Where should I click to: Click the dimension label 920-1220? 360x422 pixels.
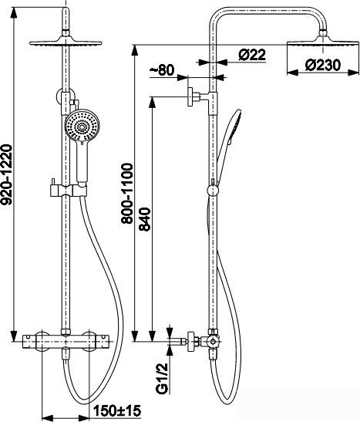point(6,174)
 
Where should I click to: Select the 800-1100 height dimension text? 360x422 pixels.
point(126,193)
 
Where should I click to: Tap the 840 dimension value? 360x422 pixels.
point(145,219)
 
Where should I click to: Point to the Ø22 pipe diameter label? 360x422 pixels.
point(252,55)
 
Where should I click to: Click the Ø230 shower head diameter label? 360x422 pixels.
point(323,65)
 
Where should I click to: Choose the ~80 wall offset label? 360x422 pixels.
point(162,70)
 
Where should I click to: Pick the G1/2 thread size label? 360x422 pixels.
point(162,378)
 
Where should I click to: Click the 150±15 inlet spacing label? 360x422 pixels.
point(117,410)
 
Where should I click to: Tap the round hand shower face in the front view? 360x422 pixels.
point(82,125)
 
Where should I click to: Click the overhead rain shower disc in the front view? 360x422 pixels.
point(66,43)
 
